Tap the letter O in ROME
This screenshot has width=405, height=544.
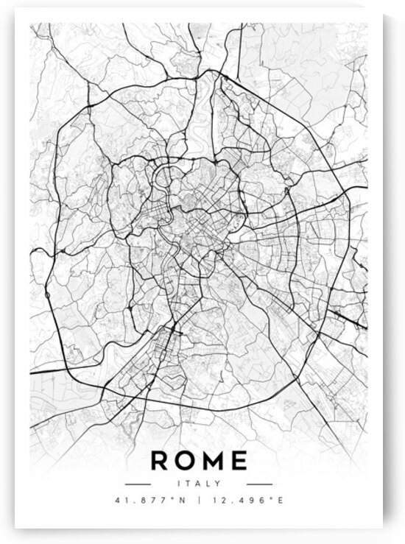(x=187, y=461)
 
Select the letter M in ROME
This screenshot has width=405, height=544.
(x=214, y=461)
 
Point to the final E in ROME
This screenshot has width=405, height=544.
(x=239, y=461)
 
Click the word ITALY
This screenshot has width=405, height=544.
(x=200, y=484)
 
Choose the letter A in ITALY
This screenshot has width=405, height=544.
(x=199, y=484)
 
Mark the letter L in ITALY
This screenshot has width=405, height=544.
(x=208, y=484)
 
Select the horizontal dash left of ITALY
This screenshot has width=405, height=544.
(x=138, y=484)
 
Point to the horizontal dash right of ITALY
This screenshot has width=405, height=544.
(x=259, y=484)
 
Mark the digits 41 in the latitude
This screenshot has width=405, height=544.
(x=120, y=501)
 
